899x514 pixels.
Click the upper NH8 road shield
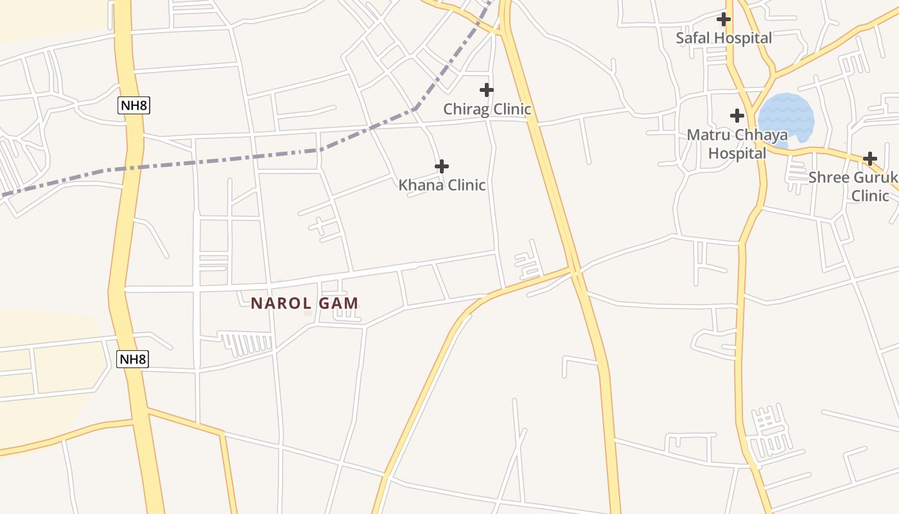pos(134,105)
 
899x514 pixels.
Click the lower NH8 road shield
pos(132,359)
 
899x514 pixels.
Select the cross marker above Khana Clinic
pos(442,166)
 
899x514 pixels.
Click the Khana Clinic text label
pos(442,185)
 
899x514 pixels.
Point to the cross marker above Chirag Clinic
pos(487,90)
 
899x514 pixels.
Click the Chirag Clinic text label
pos(487,109)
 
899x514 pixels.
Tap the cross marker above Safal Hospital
pos(724,19)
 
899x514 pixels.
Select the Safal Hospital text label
pos(724,38)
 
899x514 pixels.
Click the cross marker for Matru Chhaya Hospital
pos(737,116)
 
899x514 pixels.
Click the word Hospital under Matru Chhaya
pos(737,154)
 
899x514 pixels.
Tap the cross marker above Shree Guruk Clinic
pos(870,159)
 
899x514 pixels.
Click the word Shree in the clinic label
pos(829,177)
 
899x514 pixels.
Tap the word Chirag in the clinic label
pos(466,109)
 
